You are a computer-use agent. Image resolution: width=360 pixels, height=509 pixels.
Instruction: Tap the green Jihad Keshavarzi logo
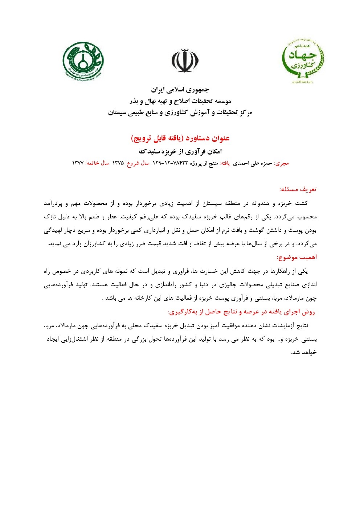tap(303, 59)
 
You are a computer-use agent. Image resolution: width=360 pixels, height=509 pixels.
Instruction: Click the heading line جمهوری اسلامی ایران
tap(180, 89)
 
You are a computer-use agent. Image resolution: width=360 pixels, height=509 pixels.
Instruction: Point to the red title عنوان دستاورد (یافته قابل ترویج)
tap(180, 138)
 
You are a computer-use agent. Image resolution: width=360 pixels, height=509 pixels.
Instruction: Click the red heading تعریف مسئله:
tap(298, 189)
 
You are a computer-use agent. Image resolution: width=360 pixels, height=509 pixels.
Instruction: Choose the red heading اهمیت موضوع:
tap(296, 257)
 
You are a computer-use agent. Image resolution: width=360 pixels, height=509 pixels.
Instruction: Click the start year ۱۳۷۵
tap(118, 163)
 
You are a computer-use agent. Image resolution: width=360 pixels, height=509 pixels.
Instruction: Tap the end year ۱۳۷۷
tap(78, 163)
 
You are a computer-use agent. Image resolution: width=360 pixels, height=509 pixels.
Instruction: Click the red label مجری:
tap(282, 163)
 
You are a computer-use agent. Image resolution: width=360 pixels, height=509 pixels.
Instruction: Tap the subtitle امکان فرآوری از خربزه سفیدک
tap(180, 151)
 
